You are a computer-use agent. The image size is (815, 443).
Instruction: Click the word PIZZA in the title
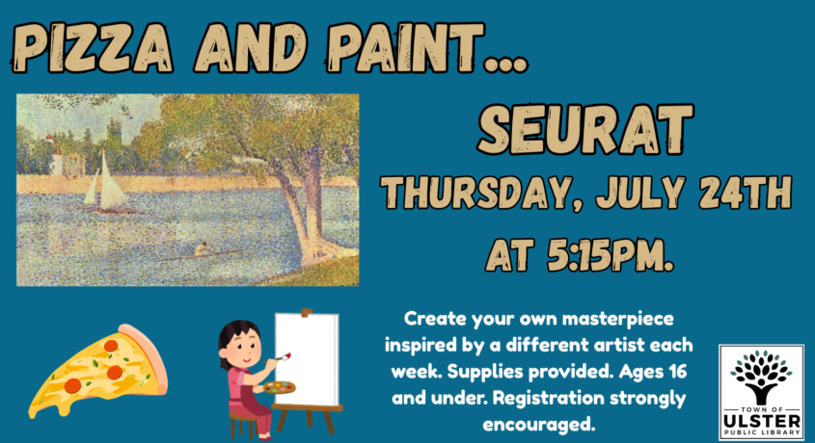(92, 48)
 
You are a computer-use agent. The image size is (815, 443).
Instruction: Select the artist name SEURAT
(585, 130)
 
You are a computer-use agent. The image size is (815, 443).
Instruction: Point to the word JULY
(640, 192)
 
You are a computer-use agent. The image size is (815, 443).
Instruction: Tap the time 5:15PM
(611, 254)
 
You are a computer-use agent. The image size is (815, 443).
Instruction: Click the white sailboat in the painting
(105, 183)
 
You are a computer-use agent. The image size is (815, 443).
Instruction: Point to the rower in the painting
(203, 250)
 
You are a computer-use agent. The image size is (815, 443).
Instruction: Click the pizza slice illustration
(97, 371)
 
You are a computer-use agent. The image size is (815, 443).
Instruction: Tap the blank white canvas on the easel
(307, 359)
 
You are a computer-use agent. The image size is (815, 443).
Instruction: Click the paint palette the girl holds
(279, 387)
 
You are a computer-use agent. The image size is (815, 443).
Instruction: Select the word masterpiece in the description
(617, 319)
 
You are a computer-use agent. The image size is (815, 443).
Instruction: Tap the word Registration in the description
(548, 399)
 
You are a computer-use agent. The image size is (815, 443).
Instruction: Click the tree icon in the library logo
(761, 377)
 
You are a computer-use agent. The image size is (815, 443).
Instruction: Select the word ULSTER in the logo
(761, 420)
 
